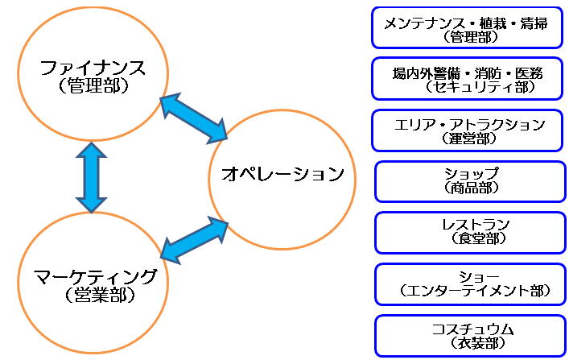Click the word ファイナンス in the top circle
click(x=93, y=68)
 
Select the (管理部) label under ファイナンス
click(x=93, y=86)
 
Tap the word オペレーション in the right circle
click(x=282, y=174)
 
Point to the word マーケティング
click(x=96, y=277)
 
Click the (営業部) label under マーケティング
click(x=100, y=295)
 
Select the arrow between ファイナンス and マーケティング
click(x=91, y=177)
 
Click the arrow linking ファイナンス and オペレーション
click(x=194, y=118)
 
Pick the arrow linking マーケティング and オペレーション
click(x=195, y=240)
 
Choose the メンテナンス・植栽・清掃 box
click(x=467, y=27)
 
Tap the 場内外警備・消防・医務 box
click(x=467, y=78)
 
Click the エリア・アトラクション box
click(x=467, y=130)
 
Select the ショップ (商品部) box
click(x=470, y=182)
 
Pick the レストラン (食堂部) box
click(x=470, y=233)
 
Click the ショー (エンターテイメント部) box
click(x=470, y=284)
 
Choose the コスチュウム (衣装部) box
click(x=470, y=336)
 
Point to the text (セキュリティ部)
click(x=480, y=87)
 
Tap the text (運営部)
click(x=468, y=139)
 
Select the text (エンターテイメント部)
click(x=475, y=291)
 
